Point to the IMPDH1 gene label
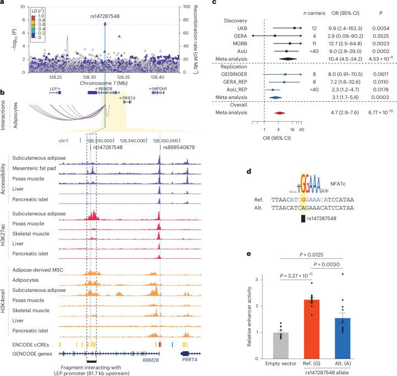[155, 88]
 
